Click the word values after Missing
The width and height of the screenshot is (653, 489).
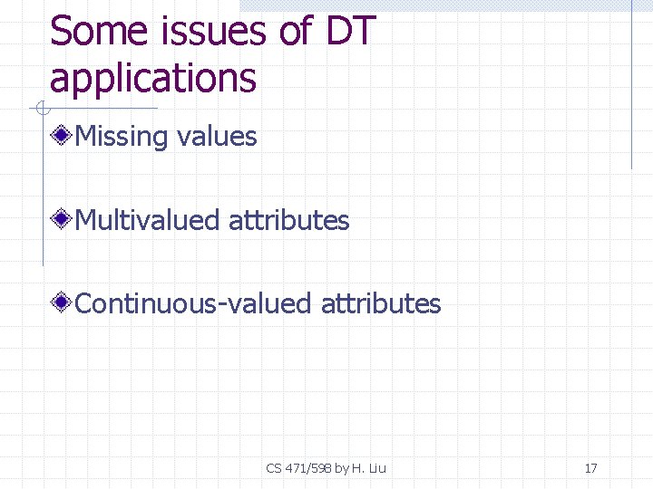[x=218, y=137]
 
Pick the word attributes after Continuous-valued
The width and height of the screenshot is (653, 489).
[x=381, y=303]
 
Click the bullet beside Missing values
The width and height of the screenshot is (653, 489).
[x=62, y=137]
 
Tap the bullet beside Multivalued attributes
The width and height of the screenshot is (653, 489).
[x=62, y=220]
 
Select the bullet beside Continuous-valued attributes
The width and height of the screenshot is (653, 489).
[x=62, y=303]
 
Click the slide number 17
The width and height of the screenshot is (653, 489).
[x=590, y=468]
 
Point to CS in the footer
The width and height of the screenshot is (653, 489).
[x=274, y=468]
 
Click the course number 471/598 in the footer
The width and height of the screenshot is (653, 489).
[x=308, y=468]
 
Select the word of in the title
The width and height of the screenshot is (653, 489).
[x=296, y=33]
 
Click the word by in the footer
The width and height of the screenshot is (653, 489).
[x=342, y=468]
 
